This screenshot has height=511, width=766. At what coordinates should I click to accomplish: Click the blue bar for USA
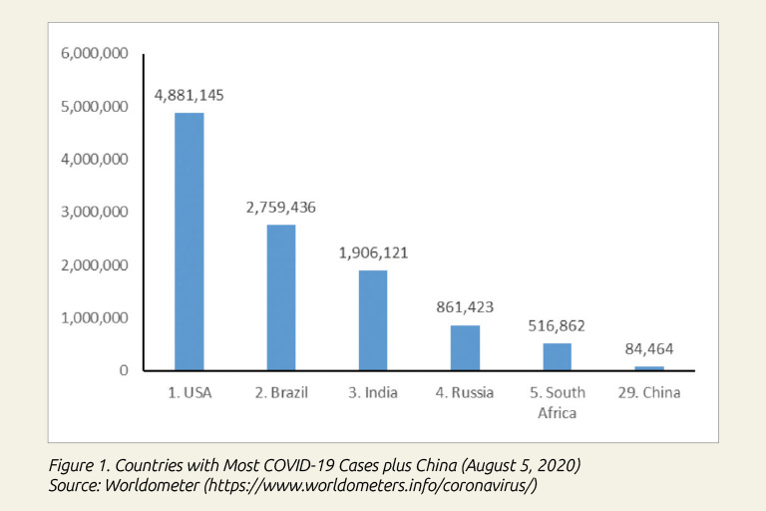pyautogui.click(x=189, y=242)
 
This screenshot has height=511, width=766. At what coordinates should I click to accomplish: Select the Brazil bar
pyautogui.click(x=281, y=297)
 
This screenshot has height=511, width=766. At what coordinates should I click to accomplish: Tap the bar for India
pyautogui.click(x=373, y=320)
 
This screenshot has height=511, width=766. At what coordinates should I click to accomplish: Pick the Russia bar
pyautogui.click(x=465, y=347)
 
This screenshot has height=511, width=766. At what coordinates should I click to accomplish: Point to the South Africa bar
pyautogui.click(x=557, y=356)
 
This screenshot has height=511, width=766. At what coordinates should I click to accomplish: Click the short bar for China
pyautogui.click(x=648, y=368)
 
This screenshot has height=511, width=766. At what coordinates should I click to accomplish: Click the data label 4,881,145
pyautogui.click(x=189, y=96)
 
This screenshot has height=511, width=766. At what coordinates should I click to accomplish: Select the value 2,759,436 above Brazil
pyautogui.click(x=281, y=208)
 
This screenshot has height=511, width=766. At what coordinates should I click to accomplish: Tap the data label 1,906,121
pyautogui.click(x=373, y=254)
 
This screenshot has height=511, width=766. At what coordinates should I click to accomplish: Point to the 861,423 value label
pyautogui.click(x=465, y=307)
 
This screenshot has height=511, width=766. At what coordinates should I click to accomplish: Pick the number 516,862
pyautogui.click(x=557, y=325)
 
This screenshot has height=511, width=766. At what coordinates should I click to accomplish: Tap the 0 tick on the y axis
pyautogui.click(x=125, y=370)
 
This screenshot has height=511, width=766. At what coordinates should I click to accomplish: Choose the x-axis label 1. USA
pyautogui.click(x=189, y=392)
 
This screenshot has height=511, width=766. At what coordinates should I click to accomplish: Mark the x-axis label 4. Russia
pyautogui.click(x=465, y=392)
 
